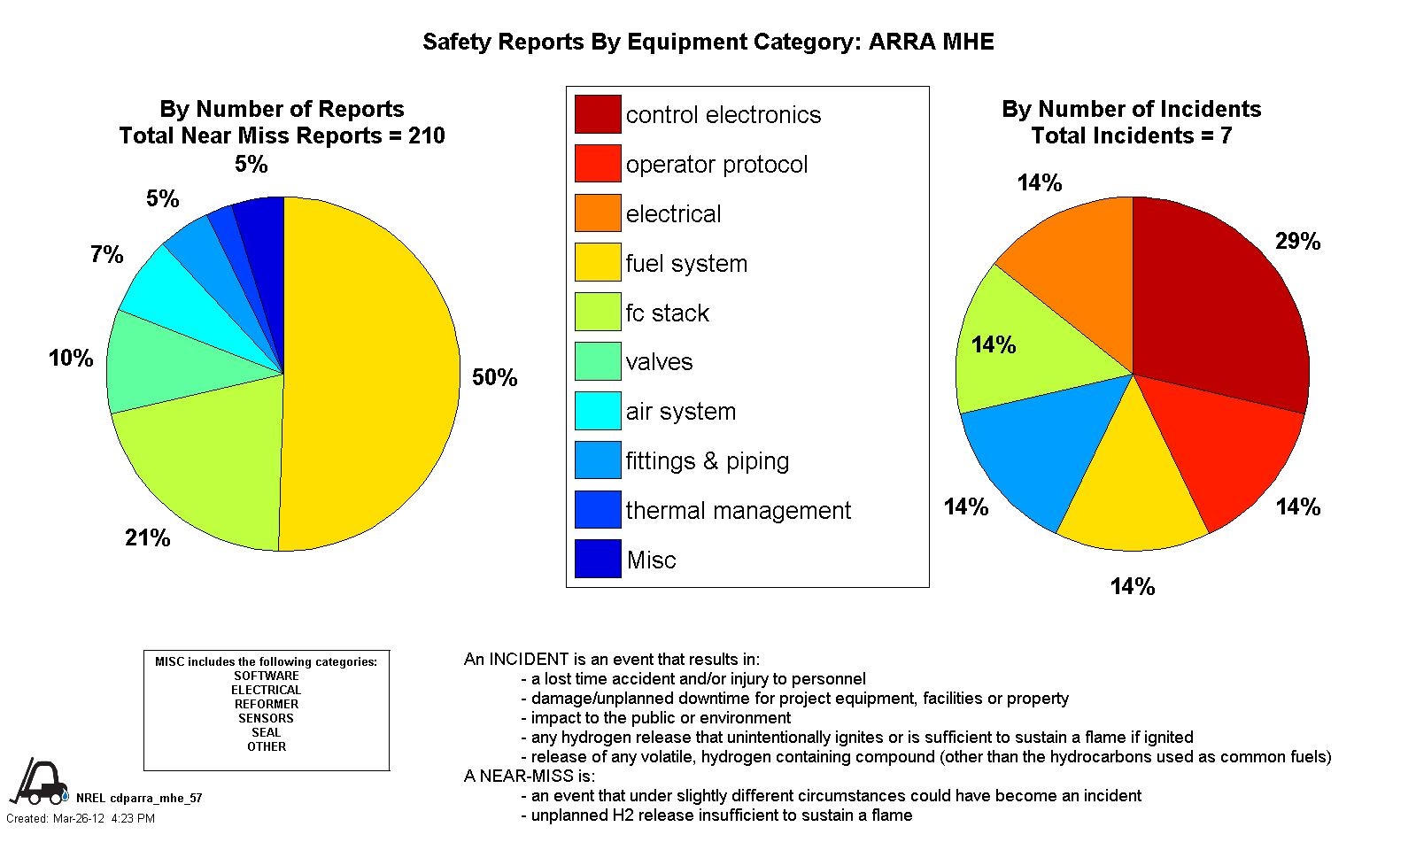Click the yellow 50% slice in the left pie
(372, 372)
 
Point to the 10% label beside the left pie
(71, 359)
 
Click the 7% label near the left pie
(106, 255)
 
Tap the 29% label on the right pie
(1297, 242)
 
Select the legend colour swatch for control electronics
(598, 114)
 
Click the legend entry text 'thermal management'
(738, 511)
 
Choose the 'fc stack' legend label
(667, 313)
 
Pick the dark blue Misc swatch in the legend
(598, 559)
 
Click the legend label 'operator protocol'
(716, 165)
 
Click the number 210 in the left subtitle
(426, 135)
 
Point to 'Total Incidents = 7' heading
(1131, 135)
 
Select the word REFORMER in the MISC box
(267, 704)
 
